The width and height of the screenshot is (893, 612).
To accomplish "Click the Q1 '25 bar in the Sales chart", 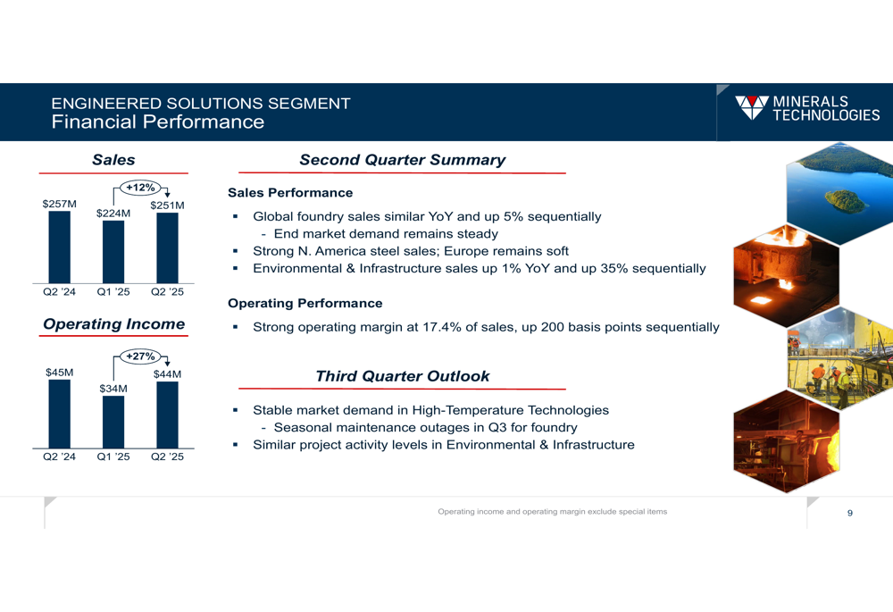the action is (x=113, y=252).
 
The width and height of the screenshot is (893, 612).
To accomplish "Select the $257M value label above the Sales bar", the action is (x=59, y=204).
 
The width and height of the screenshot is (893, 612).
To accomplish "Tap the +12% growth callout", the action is (x=141, y=188).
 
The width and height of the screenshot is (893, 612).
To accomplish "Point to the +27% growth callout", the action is (x=141, y=356).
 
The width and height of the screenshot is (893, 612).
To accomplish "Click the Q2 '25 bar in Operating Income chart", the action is (x=168, y=415).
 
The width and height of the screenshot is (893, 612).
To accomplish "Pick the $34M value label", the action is (x=113, y=389).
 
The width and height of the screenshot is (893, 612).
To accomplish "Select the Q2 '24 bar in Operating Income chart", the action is (x=59, y=415).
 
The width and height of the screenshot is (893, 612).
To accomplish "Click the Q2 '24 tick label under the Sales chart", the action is (x=59, y=292).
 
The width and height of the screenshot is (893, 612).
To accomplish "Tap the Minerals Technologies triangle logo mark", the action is (x=752, y=107).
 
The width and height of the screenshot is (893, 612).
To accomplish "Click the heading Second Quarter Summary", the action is (x=403, y=160).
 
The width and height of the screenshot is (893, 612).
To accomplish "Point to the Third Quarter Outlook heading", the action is (x=403, y=376).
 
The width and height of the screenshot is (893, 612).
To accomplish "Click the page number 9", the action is (x=850, y=513).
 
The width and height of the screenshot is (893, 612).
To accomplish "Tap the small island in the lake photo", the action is (x=846, y=201).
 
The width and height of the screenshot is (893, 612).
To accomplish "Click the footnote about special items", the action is (x=553, y=512).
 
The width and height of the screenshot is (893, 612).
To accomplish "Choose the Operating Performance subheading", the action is (x=305, y=303).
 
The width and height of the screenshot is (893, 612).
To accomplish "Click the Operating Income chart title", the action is (x=114, y=324).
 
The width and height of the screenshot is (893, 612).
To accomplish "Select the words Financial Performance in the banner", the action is (x=158, y=122).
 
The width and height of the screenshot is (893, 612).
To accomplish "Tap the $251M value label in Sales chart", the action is (x=168, y=205).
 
